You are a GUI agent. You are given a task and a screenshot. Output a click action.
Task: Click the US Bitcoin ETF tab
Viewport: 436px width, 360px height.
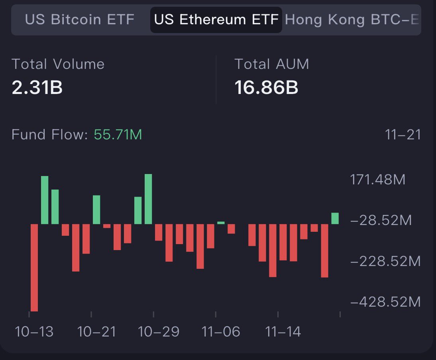(x=80, y=19)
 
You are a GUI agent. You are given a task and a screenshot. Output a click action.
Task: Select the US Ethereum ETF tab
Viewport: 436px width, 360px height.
(x=216, y=19)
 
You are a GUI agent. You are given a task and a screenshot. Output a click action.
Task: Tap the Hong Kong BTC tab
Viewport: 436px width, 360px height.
(x=352, y=19)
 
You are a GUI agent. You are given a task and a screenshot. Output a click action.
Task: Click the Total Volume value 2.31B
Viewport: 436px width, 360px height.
(x=37, y=87)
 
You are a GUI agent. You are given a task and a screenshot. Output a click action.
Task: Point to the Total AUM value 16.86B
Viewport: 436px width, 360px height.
(x=266, y=87)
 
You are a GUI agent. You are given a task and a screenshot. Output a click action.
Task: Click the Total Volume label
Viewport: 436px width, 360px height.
(x=58, y=64)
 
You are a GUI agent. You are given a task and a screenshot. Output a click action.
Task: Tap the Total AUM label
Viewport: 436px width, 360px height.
(x=272, y=64)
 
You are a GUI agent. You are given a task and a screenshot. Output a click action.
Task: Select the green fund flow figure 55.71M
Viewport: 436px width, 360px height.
(x=118, y=135)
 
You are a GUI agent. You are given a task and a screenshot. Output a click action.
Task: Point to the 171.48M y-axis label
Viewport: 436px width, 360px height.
(x=378, y=180)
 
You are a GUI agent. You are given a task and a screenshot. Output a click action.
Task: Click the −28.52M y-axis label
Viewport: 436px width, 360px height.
(x=381, y=220)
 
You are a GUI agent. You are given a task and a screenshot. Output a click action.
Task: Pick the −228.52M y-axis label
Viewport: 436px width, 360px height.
(x=385, y=261)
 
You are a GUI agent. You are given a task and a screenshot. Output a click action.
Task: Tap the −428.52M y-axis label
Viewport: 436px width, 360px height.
(x=385, y=302)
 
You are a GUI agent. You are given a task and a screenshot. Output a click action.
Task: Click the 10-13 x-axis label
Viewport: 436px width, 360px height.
(x=34, y=331)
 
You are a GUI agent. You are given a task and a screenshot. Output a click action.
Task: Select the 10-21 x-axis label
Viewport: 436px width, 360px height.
(x=96, y=331)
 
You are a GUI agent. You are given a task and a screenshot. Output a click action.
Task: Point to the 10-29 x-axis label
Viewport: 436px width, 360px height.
(x=159, y=331)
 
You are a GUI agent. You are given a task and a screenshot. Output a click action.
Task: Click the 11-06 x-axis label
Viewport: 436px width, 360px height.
(x=221, y=331)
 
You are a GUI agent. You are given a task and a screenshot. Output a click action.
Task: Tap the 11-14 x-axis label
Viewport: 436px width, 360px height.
(x=283, y=331)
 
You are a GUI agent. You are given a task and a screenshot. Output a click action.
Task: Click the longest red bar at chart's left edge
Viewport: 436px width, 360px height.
(x=34, y=267)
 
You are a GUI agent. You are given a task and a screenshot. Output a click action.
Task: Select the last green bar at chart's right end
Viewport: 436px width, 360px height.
(x=335, y=218)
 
